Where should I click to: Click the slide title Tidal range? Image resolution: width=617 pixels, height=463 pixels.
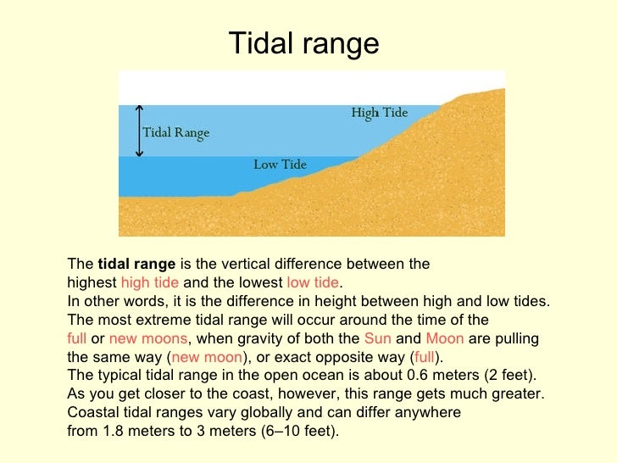(x=304, y=43)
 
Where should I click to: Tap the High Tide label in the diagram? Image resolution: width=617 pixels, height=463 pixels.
(x=379, y=113)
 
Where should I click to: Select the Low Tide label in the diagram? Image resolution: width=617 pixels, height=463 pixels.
(x=280, y=165)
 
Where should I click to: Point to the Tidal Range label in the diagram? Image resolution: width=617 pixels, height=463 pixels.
(x=175, y=133)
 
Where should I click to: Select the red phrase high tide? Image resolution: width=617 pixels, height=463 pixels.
(x=150, y=283)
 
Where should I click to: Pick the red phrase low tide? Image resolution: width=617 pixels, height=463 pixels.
(x=313, y=283)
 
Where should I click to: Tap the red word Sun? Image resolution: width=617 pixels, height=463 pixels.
(x=379, y=338)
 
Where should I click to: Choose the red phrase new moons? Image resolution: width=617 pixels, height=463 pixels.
(x=147, y=338)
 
